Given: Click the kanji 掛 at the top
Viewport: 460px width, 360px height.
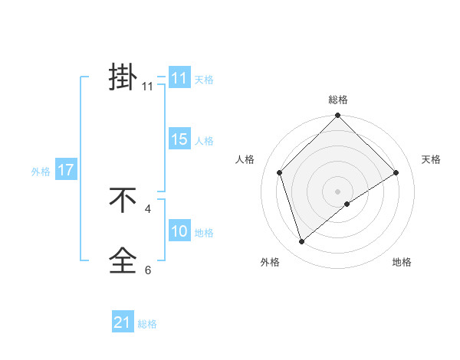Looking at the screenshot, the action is click(x=123, y=77).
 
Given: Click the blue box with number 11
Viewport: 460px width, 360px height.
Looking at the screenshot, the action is click(x=179, y=78).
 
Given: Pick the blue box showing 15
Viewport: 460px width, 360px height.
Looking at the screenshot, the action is click(x=179, y=139).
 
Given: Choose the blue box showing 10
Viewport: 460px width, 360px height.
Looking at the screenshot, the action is click(x=179, y=231).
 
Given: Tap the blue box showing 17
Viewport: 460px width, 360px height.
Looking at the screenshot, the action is click(x=66, y=170).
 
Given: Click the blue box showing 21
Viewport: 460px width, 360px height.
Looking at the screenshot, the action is click(x=123, y=322).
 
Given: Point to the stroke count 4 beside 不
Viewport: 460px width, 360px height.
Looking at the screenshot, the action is click(x=148, y=208).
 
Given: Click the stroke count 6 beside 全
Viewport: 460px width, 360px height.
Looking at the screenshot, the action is click(x=148, y=270).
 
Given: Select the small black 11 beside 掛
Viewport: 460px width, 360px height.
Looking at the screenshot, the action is click(x=148, y=87).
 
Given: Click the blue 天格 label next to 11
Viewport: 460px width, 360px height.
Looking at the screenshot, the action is click(x=204, y=79).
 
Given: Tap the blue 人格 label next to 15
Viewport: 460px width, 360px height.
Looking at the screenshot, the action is click(x=204, y=141).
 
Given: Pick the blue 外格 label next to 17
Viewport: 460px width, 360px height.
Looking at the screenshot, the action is click(x=41, y=172).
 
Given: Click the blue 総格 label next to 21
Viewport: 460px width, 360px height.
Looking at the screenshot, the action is click(x=147, y=324).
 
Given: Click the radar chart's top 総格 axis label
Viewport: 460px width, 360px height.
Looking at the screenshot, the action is click(x=338, y=100).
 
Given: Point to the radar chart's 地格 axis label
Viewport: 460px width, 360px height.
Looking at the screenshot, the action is click(x=402, y=262).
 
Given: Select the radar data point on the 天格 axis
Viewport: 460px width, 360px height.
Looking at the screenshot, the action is click(x=396, y=172).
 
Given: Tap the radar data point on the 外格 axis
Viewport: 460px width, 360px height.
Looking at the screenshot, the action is click(x=302, y=242).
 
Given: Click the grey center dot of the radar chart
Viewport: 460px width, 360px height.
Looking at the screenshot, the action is click(x=338, y=191).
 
